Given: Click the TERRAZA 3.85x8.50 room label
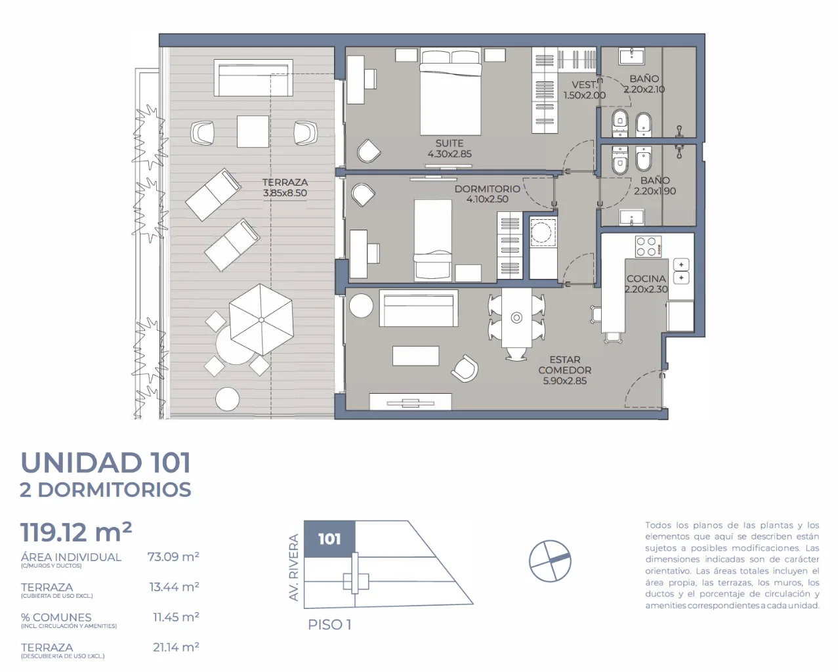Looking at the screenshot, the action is pyautogui.click(x=285, y=188).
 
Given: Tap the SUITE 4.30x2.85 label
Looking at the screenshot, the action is pyautogui.click(x=450, y=148).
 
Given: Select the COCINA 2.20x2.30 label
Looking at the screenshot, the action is pyautogui.click(x=646, y=284).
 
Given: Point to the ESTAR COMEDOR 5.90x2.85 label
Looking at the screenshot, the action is pyautogui.click(x=564, y=370).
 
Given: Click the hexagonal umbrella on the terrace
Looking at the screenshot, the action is pyautogui.click(x=261, y=320).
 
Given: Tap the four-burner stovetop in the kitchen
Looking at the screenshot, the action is pyautogui.click(x=648, y=247).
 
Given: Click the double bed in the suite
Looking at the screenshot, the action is pyautogui.click(x=451, y=92).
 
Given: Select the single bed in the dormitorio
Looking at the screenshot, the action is pyautogui.click(x=432, y=240).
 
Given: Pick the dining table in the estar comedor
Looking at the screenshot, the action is pyautogui.click(x=516, y=318).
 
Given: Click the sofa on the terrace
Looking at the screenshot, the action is pyautogui.click(x=253, y=77).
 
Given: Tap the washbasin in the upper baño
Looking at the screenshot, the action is pyautogui.click(x=631, y=56).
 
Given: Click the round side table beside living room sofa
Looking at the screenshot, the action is pyautogui.click(x=362, y=306).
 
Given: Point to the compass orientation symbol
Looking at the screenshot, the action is pyautogui.click(x=550, y=561).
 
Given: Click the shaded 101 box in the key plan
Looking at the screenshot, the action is pyautogui.click(x=329, y=539).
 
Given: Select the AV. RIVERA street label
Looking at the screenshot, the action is pyautogui.click(x=293, y=567).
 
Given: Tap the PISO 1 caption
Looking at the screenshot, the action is pyautogui.click(x=329, y=625).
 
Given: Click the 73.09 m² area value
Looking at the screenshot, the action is pyautogui.click(x=173, y=556).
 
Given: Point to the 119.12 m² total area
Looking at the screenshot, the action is pyautogui.click(x=76, y=532).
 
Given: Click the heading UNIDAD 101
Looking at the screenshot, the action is pyautogui.click(x=106, y=463).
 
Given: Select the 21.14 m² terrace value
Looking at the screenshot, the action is pyautogui.click(x=176, y=647).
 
